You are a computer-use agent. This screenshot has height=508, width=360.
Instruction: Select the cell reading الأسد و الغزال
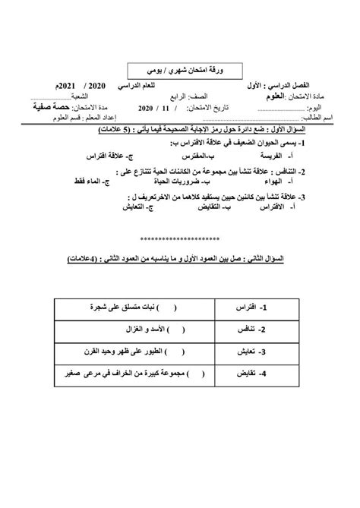144,330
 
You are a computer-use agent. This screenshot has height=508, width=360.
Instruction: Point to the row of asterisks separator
179,236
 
